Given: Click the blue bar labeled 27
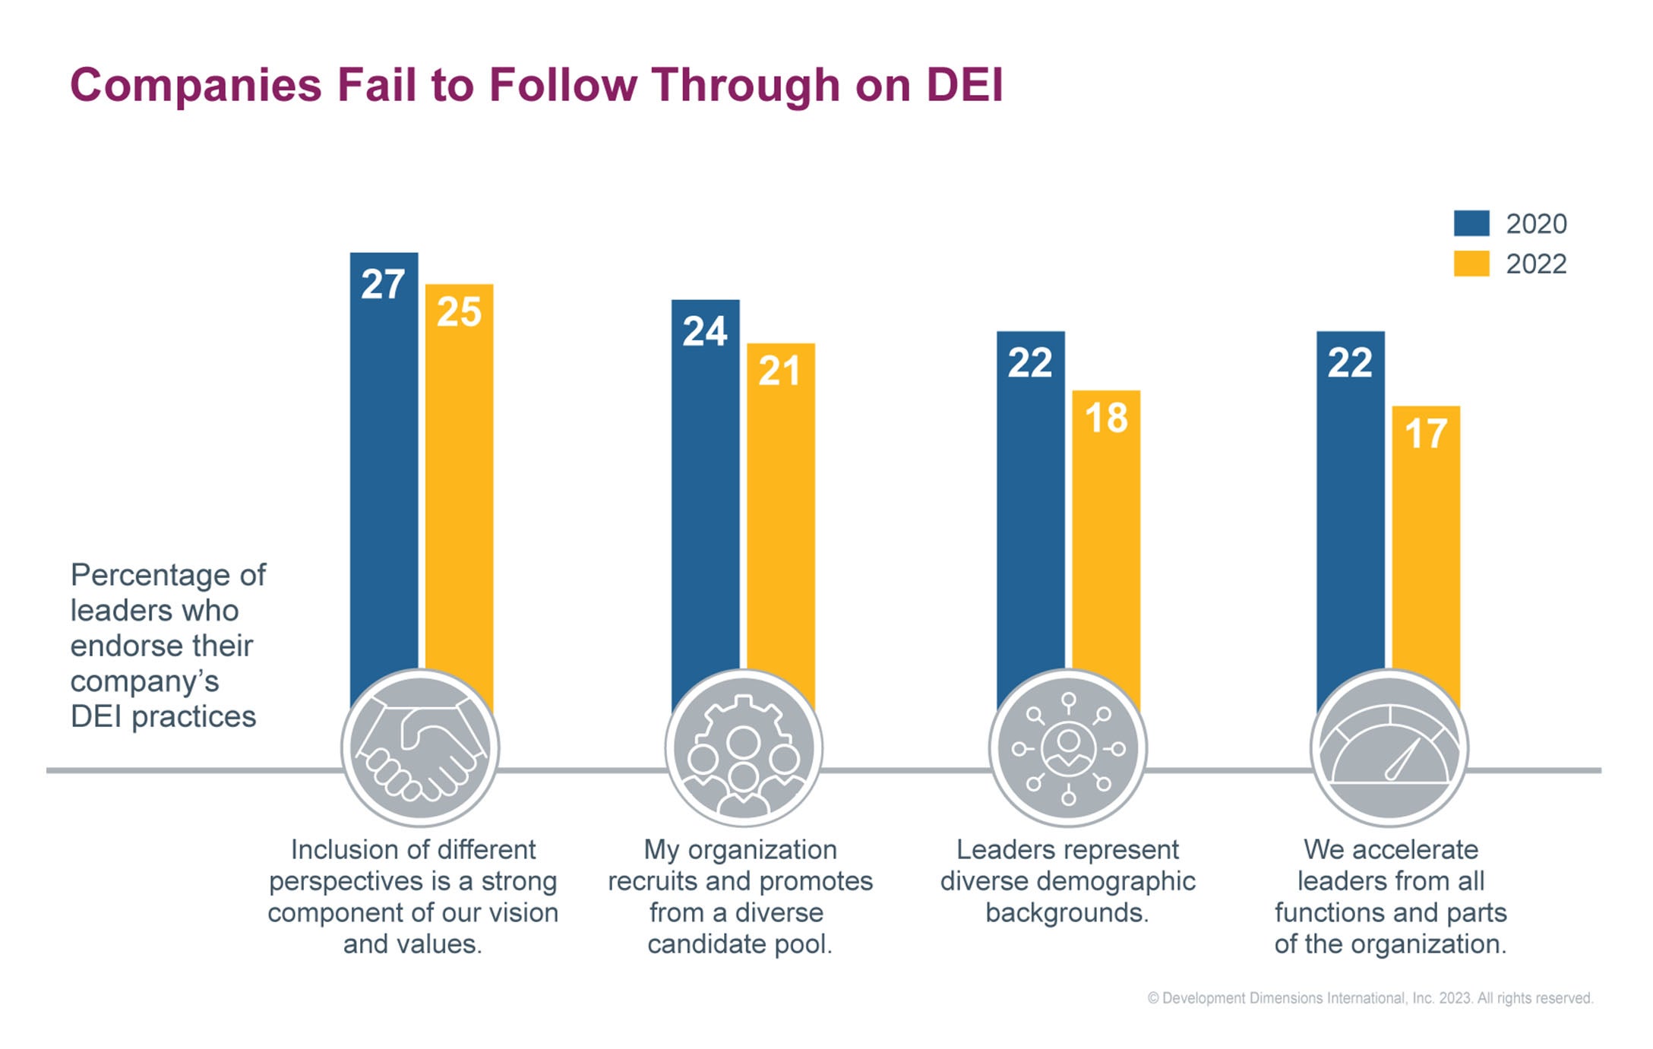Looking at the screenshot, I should (384, 456).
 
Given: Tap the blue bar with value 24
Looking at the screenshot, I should (705, 486).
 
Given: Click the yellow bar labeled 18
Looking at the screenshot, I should (1106, 532).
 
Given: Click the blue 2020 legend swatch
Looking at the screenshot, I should (1471, 223).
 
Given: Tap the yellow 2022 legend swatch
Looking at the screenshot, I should (1471, 264).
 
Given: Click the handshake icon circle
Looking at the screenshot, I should (420, 749).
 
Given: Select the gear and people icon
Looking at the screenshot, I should (744, 749).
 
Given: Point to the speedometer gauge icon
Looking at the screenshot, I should (1389, 749).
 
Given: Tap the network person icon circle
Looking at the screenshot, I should (1068, 749).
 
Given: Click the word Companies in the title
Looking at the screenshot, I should (196, 84).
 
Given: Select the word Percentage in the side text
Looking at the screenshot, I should (149, 576).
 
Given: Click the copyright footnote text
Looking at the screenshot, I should (1370, 998).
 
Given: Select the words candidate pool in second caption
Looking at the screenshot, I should (740, 944).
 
